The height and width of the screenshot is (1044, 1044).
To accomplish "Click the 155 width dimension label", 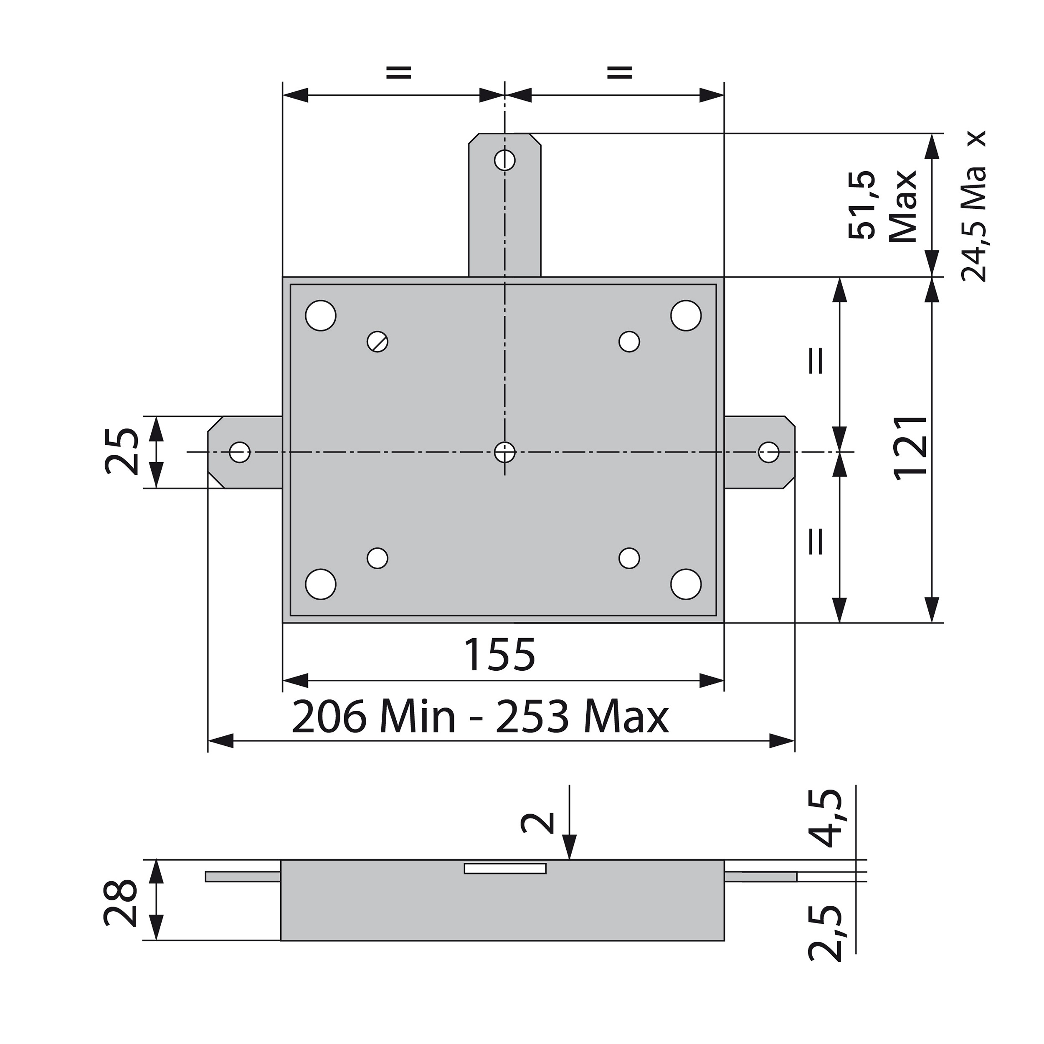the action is (500, 655).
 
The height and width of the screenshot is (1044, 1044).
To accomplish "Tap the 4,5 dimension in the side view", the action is (827, 818).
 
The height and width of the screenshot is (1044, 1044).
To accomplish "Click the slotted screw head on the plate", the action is (378, 342).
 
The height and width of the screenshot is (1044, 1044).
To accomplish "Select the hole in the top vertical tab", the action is (505, 160).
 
